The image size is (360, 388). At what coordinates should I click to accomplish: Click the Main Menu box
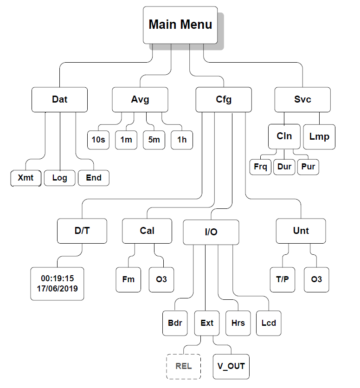coord(180,25)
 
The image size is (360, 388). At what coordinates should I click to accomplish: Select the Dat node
coord(59,99)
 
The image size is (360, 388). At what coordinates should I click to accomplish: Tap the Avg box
coord(140,99)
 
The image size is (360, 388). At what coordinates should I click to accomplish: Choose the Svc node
coord(302,99)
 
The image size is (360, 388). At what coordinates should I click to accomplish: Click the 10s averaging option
coord(98,140)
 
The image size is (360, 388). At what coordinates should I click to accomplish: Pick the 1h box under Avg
coord(181,140)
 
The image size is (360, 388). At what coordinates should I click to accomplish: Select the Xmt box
coord(26,178)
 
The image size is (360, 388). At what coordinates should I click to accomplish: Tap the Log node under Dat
coord(59,178)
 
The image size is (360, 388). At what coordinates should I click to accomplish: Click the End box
coord(94,178)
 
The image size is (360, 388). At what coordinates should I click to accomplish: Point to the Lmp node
coord(319,136)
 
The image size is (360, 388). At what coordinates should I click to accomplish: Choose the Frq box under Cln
coord(261,167)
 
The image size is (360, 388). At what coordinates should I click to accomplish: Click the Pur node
coord(308,167)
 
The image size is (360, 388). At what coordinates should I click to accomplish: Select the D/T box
coord(82,231)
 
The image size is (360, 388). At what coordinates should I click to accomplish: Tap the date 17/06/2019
coord(58,288)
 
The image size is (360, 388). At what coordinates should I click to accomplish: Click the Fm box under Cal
coord(128,279)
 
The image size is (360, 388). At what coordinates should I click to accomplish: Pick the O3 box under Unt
coord(317,279)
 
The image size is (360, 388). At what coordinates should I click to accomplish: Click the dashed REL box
coord(183,366)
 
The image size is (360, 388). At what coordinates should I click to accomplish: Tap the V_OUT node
coord(231,366)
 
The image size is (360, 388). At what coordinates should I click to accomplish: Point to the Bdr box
coord(175,323)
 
